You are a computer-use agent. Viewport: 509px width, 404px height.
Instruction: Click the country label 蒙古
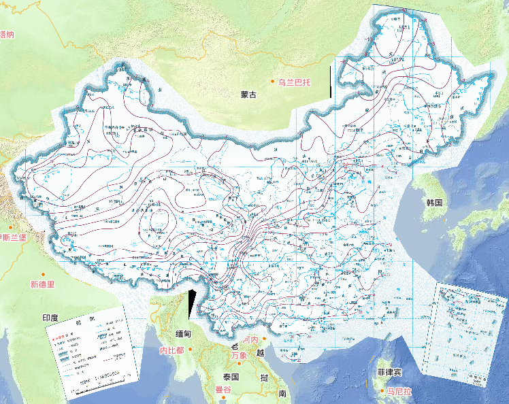coord(248,95)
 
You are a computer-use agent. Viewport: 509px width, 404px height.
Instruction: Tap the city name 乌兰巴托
coord(293,82)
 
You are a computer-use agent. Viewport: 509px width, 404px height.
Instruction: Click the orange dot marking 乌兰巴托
coord(272,82)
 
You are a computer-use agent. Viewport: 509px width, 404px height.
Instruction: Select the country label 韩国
coord(435,203)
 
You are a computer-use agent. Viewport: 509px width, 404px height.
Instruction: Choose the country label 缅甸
coord(184,334)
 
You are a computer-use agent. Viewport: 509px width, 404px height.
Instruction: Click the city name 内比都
coord(171,350)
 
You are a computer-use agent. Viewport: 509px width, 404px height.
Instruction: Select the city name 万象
coord(238,356)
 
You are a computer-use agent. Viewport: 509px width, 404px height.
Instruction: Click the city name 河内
coord(250,339)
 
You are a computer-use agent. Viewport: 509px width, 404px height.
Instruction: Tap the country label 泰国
coord(231,377)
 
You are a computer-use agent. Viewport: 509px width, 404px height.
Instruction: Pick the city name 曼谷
coord(224,390)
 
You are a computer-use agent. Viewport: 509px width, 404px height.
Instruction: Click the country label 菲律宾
coord(391,373)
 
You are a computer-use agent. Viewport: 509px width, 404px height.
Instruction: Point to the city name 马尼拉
coord(400,392)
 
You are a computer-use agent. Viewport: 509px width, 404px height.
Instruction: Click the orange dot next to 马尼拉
coord(382,391)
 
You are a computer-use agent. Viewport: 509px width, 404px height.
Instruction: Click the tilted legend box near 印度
coord(89,350)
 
